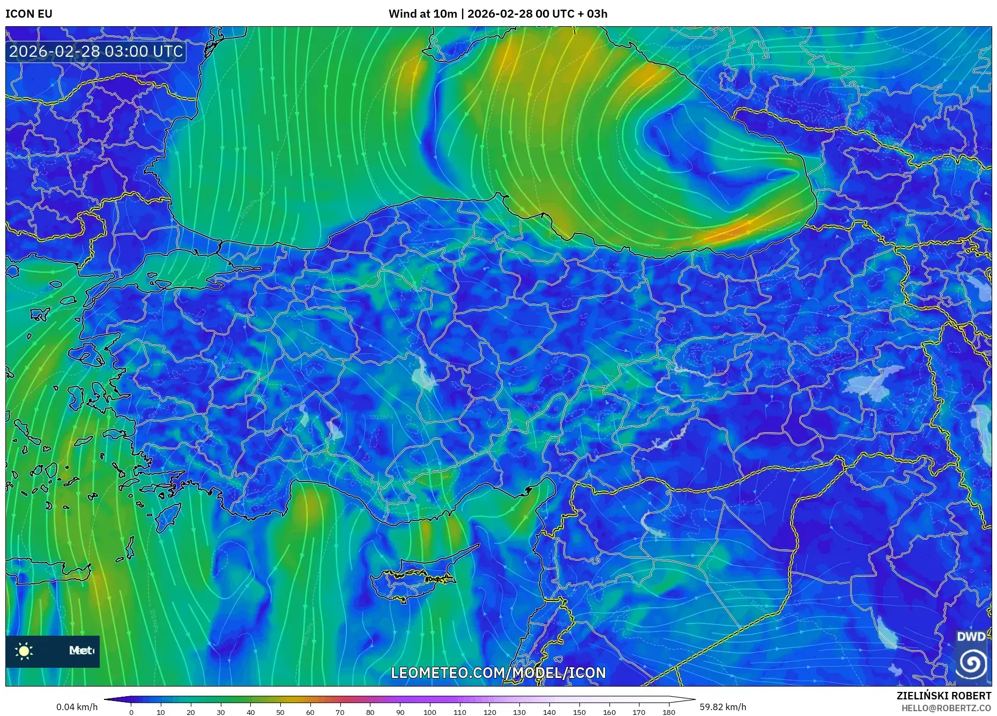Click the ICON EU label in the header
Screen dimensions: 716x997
(29, 14)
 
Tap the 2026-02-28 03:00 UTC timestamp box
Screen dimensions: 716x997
(96, 51)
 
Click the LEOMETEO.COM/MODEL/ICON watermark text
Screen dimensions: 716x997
(498, 673)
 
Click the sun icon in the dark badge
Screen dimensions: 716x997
(24, 651)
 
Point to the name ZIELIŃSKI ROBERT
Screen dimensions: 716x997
(943, 696)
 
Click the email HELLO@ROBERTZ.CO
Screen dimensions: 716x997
(946, 708)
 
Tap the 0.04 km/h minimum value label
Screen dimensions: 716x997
(77, 707)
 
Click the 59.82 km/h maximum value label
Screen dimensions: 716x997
(723, 707)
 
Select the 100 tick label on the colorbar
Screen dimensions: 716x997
(429, 712)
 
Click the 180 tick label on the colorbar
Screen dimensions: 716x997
(668, 712)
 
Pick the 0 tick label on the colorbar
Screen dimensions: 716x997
(131, 712)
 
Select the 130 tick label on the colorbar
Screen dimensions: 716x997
(519, 712)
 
